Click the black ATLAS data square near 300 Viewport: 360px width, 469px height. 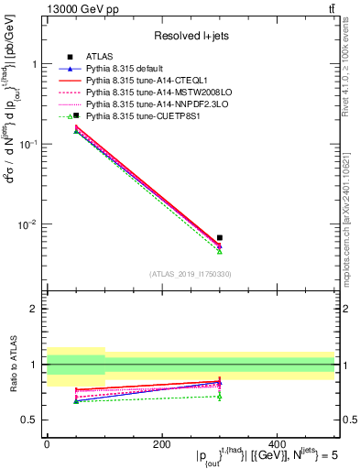220,237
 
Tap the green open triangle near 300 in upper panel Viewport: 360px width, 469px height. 220,251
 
